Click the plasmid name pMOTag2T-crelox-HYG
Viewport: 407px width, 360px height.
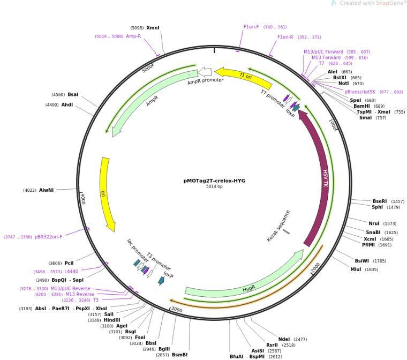pyautogui.click(x=214, y=181)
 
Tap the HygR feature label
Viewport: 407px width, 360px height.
pyautogui.click(x=249, y=288)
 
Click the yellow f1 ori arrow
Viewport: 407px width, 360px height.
pyautogui.click(x=244, y=78)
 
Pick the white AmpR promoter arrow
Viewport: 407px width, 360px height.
pyautogui.click(x=205, y=71)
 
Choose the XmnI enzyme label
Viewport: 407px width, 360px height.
pyautogui.click(x=153, y=27)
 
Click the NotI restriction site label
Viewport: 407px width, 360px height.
pyautogui.click(x=343, y=84)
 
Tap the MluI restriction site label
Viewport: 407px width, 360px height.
pyautogui.click(x=356, y=269)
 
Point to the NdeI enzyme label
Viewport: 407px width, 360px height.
pyautogui.click(x=284, y=339)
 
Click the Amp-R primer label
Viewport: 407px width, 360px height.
pyautogui.click(x=133, y=36)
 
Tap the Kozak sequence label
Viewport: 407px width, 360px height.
pyautogui.click(x=278, y=226)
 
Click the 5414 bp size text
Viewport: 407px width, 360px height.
pyautogui.click(x=214, y=186)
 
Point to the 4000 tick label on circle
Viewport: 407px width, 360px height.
pyautogui.click(x=82, y=198)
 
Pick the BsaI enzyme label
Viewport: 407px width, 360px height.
pyautogui.click(x=73, y=94)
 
